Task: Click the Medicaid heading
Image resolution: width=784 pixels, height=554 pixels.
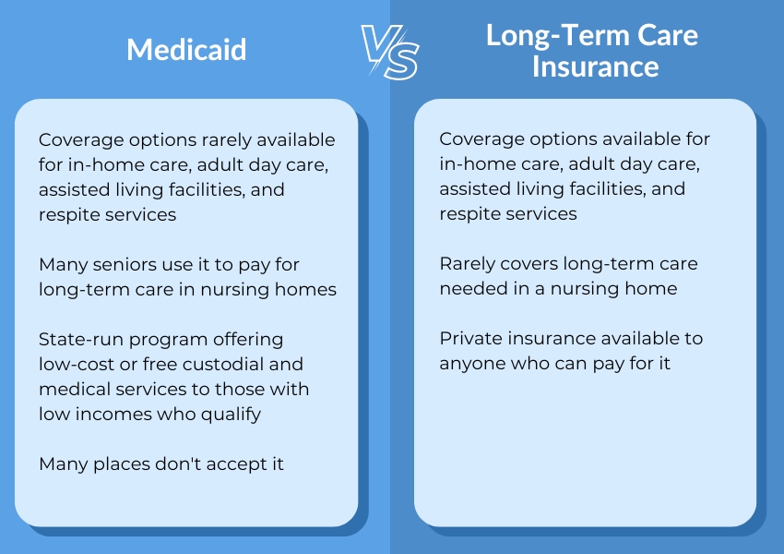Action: point(186,49)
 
